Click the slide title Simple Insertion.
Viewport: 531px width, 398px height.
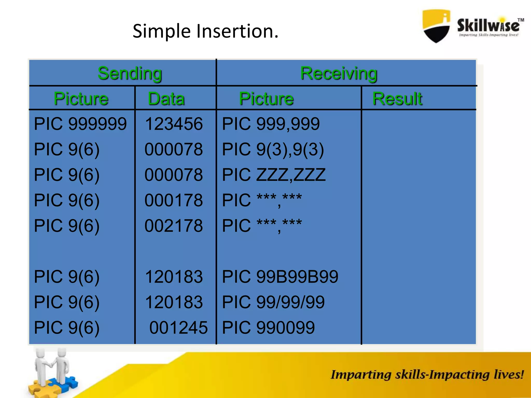point(205,31)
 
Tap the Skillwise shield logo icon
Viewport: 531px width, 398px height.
point(436,26)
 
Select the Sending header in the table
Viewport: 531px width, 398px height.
point(130,73)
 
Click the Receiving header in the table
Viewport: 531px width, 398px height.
point(339,73)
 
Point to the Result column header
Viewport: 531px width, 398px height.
point(397,99)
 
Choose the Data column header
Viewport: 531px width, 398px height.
point(166,99)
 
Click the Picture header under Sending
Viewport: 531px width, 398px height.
point(81,99)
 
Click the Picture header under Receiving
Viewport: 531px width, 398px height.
point(266,99)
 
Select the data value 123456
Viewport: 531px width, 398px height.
point(174,124)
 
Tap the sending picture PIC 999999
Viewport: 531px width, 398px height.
point(80,124)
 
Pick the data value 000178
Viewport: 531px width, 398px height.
point(174,200)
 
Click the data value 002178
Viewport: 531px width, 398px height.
point(174,226)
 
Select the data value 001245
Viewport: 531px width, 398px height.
point(178,328)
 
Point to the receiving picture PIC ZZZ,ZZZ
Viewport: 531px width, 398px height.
point(274,175)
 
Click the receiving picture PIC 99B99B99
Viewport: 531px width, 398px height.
point(280,277)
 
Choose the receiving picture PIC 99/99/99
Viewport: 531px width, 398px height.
point(273,302)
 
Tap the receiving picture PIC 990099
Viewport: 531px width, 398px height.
point(268,328)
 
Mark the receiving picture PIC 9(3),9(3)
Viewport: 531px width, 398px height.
point(273,150)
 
